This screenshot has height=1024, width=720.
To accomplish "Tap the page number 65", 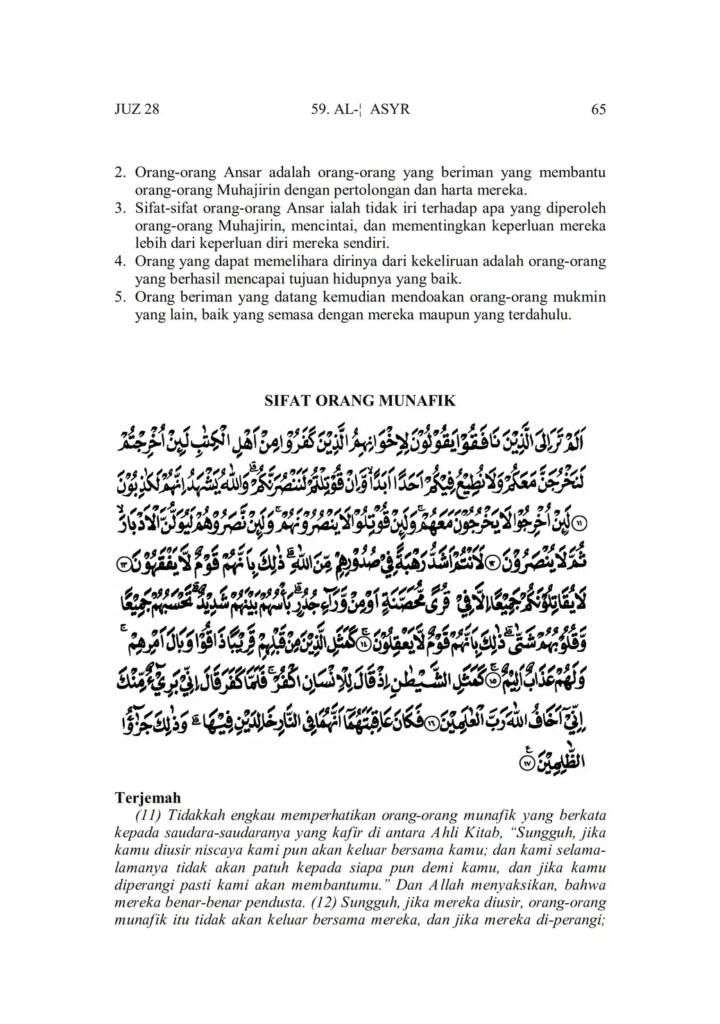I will tap(599, 109).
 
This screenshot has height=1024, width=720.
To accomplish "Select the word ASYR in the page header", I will tap(391, 109).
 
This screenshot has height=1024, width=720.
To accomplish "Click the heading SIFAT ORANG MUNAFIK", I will tap(360, 401).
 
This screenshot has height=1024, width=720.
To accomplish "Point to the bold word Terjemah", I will tap(147, 798).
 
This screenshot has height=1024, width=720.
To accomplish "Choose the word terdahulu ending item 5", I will tap(541, 315).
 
